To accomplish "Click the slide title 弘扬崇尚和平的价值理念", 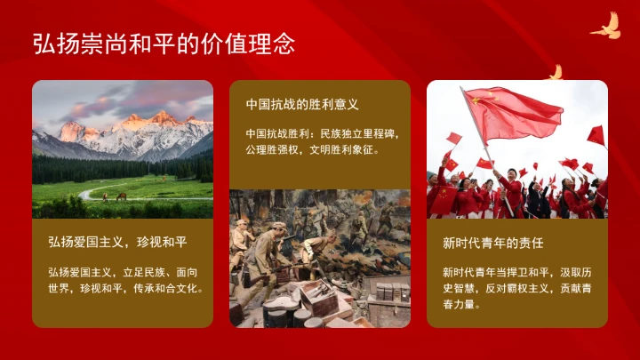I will [x=164, y=44].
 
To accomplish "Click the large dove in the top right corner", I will [x=606, y=26].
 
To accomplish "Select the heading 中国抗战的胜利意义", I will [x=302, y=105].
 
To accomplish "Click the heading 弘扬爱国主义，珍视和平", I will [x=117, y=242].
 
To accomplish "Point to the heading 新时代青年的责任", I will [x=492, y=242].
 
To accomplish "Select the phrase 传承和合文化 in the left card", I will [x=172, y=288].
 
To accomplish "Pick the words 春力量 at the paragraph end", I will [x=461, y=304].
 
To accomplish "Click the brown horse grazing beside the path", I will [x=120, y=196].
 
